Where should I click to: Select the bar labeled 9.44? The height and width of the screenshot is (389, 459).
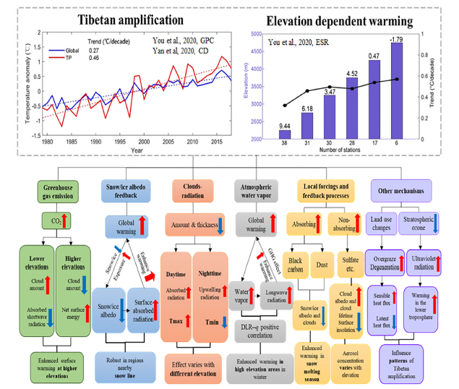pos(284,134)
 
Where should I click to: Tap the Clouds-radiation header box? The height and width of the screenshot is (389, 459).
pos(194,190)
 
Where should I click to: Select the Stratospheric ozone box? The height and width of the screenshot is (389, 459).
pos(419,223)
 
